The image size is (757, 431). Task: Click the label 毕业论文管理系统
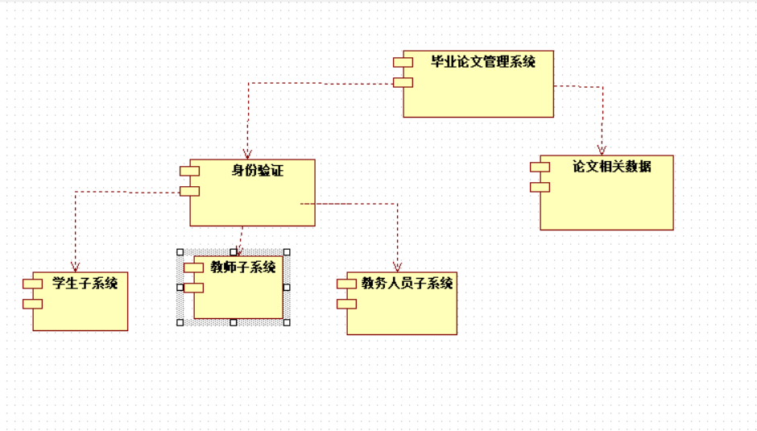point(482,61)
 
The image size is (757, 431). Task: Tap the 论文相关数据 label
point(611,167)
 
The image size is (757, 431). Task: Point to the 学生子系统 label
point(85,283)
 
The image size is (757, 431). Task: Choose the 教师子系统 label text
point(243,267)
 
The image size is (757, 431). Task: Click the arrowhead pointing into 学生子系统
point(75,267)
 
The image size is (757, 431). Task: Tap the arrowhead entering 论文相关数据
point(602,149)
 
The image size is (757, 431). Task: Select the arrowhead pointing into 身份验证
point(247,153)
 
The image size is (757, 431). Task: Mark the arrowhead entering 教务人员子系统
point(397,266)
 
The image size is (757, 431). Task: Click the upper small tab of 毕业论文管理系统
point(403,62)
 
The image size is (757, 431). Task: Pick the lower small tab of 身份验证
point(189,191)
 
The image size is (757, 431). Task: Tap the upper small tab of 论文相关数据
point(540,167)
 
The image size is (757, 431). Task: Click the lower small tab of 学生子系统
point(32,304)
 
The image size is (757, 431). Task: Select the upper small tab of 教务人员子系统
point(346,284)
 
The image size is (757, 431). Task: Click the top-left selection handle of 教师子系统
point(180,252)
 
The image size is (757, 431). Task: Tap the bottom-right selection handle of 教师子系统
point(287,322)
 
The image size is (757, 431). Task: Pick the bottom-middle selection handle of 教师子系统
point(234,322)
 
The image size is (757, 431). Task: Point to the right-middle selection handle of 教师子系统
point(287,287)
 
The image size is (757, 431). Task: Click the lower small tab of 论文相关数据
point(540,187)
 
